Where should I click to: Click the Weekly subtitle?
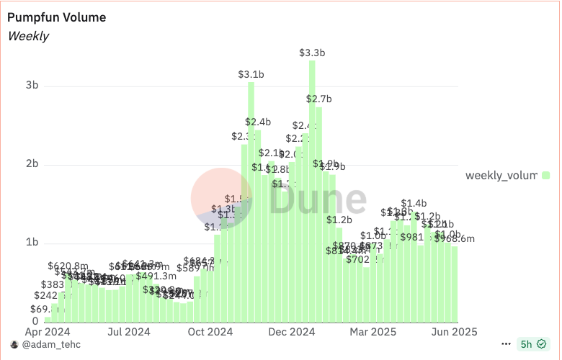point(28,35)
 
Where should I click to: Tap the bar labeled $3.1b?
point(251,202)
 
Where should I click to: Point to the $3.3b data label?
point(312,53)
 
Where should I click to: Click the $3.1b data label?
point(251,74)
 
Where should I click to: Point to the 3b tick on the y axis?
point(32,85)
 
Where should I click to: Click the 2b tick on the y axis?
point(32,164)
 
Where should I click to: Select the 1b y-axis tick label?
point(32,243)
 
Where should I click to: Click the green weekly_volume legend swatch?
point(546,175)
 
